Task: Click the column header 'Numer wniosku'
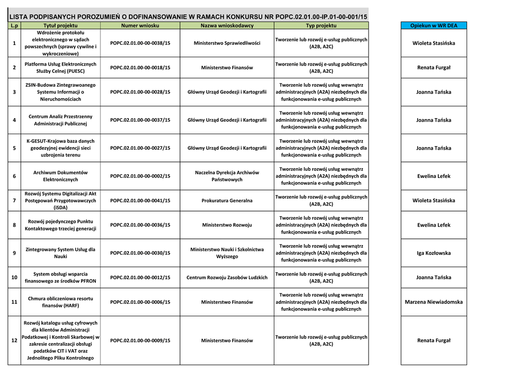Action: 140,25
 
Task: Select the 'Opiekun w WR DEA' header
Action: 434,25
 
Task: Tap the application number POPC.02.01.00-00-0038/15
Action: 140,43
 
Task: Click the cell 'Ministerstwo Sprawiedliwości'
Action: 227,43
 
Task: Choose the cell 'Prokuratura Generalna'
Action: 227,201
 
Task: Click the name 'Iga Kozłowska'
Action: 434,253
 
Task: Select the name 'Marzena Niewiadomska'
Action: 434,302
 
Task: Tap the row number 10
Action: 14,278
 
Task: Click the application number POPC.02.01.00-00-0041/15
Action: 140,201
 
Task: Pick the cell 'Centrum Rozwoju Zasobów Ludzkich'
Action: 227,278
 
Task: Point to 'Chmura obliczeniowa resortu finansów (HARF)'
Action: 60,302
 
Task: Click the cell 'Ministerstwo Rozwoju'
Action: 227,225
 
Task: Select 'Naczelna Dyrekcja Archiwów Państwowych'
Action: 227,176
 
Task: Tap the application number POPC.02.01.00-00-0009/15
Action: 140,340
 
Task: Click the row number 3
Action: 14,92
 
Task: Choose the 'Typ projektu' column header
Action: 321,25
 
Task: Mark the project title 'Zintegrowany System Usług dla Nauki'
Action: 60,253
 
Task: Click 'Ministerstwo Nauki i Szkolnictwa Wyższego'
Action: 227,253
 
